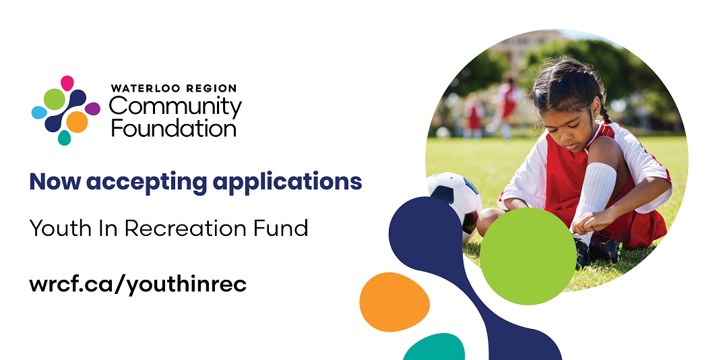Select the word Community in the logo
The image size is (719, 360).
(175, 107)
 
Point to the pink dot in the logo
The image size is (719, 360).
(67, 83)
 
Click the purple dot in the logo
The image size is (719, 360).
(92, 109)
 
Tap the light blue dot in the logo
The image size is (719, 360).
(39, 113)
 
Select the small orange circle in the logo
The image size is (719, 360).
(77, 122)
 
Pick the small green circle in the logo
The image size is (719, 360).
(54, 99)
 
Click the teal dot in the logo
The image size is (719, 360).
(64, 138)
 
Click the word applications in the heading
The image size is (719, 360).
(288, 182)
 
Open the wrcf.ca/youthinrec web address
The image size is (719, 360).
(138, 284)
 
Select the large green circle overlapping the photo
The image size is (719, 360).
(528, 256)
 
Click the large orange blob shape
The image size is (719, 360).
(394, 302)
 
